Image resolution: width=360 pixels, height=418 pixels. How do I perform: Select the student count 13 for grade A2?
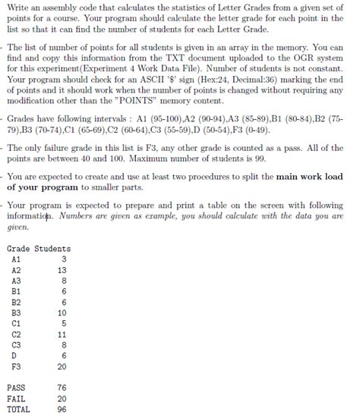point(62,269)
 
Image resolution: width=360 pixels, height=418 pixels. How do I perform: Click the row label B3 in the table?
point(17,312)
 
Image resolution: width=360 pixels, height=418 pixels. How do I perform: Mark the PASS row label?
point(16,387)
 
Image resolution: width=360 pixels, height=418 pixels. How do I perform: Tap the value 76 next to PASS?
point(62,387)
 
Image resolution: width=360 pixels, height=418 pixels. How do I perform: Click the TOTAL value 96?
point(62,408)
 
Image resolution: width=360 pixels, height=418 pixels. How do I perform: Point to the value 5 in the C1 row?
point(65,322)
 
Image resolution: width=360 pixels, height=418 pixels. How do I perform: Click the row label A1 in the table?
point(17,259)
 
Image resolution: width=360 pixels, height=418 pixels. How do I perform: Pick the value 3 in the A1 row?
point(65,259)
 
